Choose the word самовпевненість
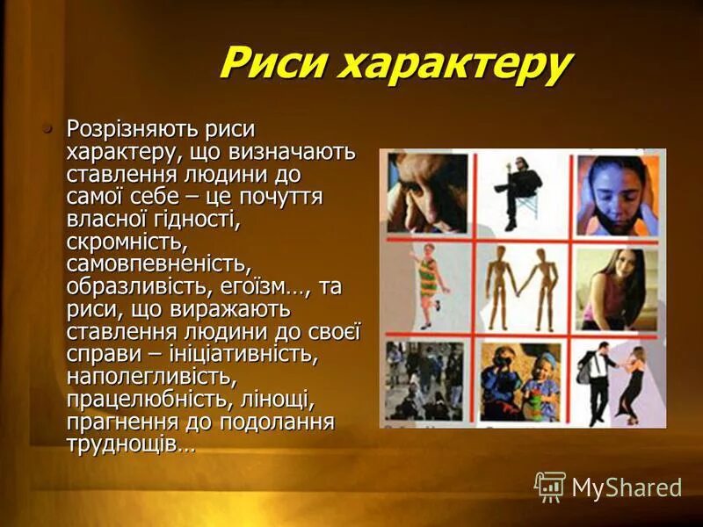click(x=158, y=263)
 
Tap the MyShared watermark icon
click(x=550, y=487)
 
